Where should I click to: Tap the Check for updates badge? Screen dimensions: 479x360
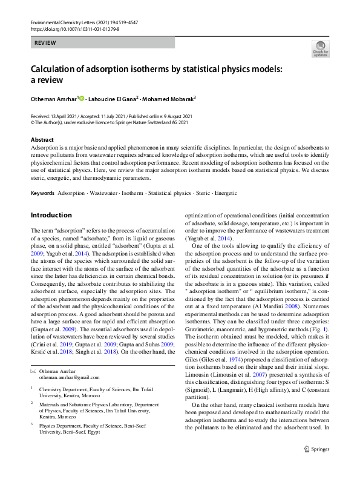coord(319,50)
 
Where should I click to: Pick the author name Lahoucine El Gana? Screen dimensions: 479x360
coord(113,99)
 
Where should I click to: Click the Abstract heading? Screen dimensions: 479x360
coord(42,140)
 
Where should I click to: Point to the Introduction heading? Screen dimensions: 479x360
coord(51,215)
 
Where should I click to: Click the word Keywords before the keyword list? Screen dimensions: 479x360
coord(42,193)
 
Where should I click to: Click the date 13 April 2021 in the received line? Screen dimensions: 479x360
coord(66,116)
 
